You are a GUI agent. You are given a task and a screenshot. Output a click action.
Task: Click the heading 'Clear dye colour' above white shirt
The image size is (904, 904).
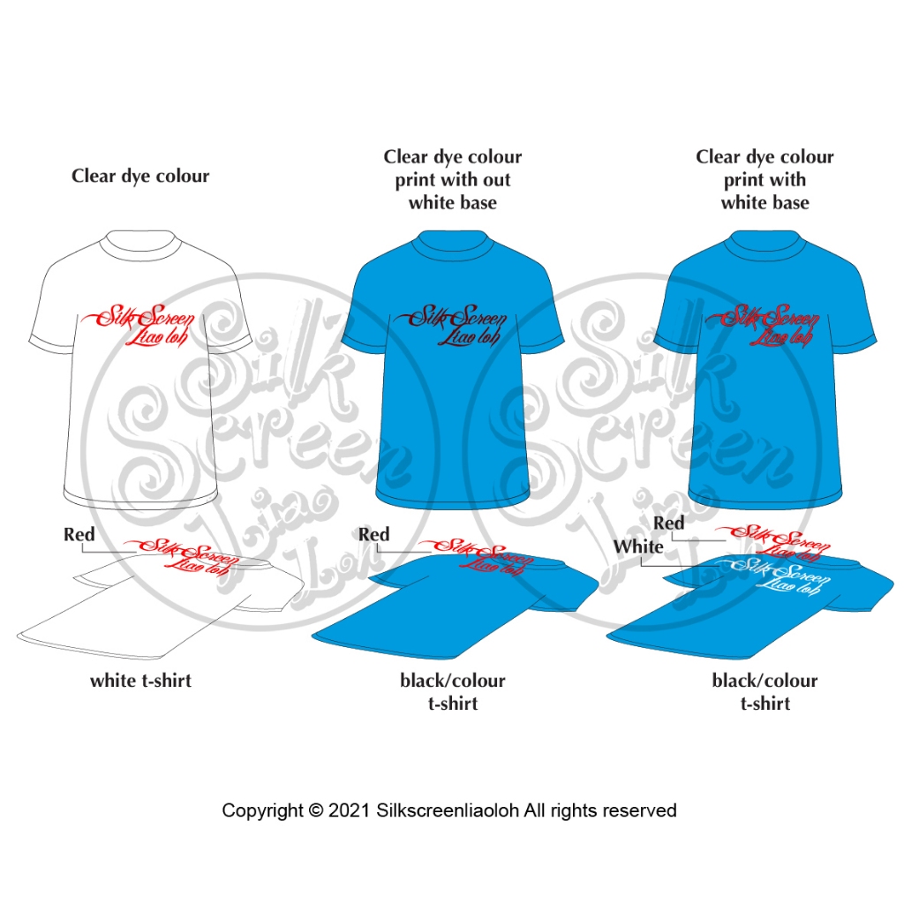[140, 176]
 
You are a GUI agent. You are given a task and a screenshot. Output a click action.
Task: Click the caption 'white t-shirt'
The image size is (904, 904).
[140, 681]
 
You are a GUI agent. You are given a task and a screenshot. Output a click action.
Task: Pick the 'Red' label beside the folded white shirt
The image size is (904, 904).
[79, 534]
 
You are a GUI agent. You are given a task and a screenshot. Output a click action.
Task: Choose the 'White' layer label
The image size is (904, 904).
[638, 546]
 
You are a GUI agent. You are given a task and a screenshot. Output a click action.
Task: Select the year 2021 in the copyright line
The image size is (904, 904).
[350, 810]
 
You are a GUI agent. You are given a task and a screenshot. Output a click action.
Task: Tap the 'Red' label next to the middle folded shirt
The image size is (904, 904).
[373, 534]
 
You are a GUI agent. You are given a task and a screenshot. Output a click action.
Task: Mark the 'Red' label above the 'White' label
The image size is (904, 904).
[668, 523]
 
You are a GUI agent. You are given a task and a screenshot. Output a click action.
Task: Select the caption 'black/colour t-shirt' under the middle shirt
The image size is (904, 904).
[452, 692]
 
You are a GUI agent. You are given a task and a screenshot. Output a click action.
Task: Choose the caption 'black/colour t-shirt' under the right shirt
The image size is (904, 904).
[765, 692]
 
